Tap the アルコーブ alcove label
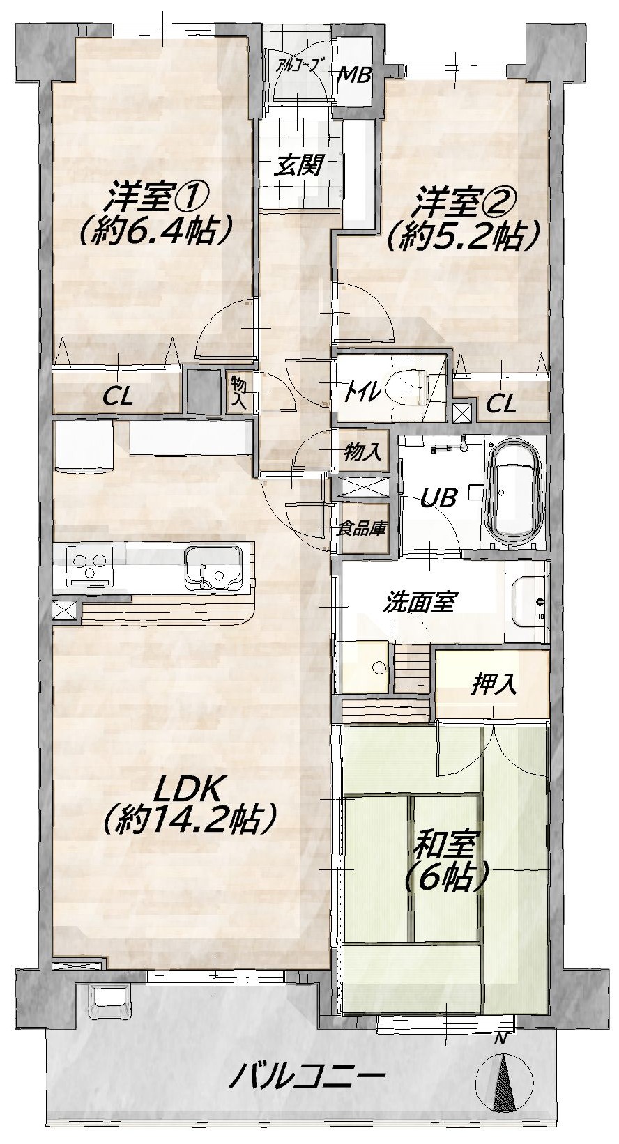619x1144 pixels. point(300,65)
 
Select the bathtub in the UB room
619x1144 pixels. point(514,490)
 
